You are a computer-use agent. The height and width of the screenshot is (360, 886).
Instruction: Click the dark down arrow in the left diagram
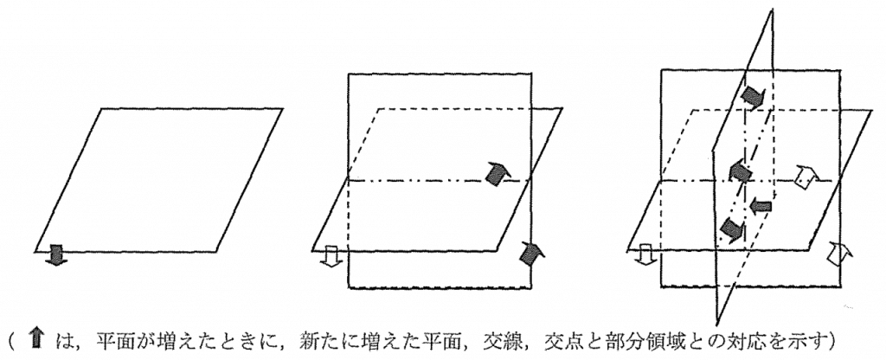pyautogui.click(x=55, y=255)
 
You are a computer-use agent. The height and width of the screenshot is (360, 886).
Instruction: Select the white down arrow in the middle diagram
pyautogui.click(x=330, y=255)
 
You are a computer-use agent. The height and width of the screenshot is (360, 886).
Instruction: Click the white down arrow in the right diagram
pyautogui.click(x=644, y=255)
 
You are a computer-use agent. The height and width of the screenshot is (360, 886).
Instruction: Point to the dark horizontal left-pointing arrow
pyautogui.click(x=761, y=208)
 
